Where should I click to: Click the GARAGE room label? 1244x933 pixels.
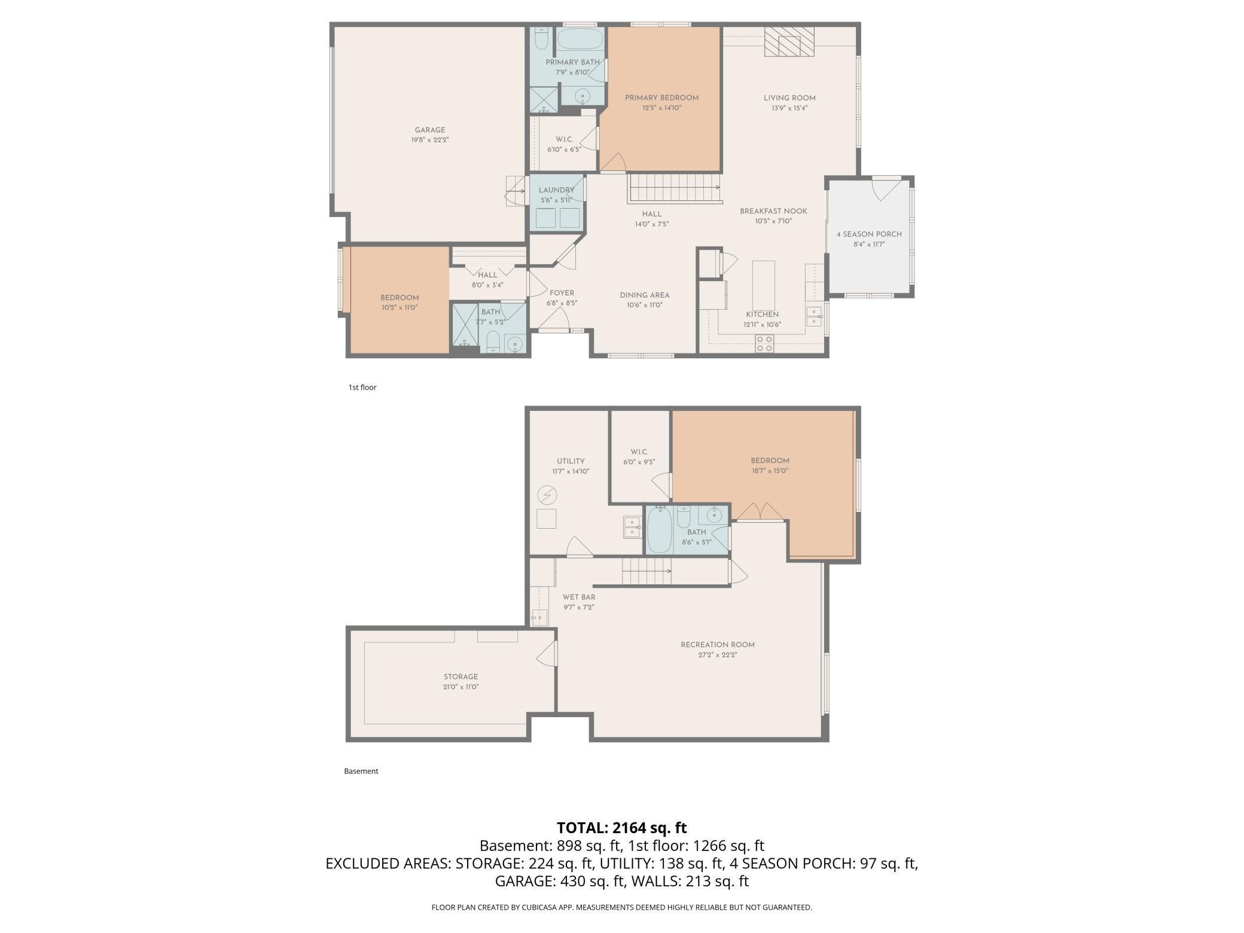tap(430, 130)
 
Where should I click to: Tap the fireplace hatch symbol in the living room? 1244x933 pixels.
tap(789, 42)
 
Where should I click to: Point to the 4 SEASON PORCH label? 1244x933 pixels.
tap(869, 234)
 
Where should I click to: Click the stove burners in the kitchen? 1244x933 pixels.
tap(764, 343)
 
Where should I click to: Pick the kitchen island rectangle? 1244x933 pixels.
tap(764, 283)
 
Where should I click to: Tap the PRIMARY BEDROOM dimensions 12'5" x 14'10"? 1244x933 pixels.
tap(662, 108)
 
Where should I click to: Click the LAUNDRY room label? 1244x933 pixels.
tap(556, 190)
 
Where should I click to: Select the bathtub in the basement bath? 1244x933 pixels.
tap(660, 529)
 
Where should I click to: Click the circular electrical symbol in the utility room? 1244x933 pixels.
tap(547, 495)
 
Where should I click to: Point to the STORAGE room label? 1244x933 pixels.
tap(461, 677)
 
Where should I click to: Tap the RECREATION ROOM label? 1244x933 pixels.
tap(718, 645)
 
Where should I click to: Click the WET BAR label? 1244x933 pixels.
tap(579, 597)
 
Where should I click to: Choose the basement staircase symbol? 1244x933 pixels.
tap(647, 571)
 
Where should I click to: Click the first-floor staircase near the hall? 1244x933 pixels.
tap(674, 188)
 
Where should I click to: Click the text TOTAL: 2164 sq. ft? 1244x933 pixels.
tap(622, 828)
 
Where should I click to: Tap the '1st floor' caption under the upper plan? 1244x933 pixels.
tap(362, 387)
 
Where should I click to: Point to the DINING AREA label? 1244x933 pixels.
tap(645, 295)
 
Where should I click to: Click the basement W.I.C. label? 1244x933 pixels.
tap(639, 452)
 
